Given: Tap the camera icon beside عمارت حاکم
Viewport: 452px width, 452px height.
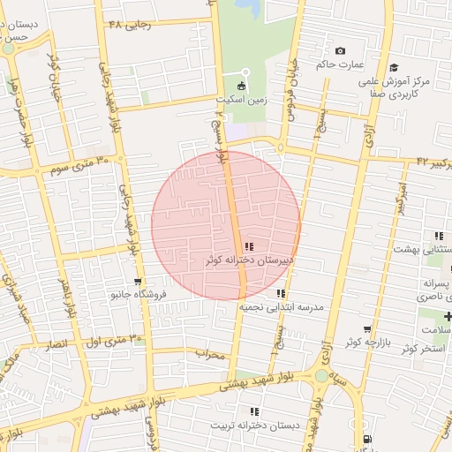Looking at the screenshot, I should click(341, 50).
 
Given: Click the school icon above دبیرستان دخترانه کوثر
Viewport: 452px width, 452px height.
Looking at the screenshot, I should click(249, 246).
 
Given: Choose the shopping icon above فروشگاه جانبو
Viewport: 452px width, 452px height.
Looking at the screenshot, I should click(137, 282).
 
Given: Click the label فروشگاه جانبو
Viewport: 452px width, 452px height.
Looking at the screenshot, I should click(137, 295).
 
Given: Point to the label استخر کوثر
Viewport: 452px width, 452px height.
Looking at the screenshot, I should click(423, 349).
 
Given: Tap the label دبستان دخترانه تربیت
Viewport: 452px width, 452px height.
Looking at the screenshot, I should click(255, 425).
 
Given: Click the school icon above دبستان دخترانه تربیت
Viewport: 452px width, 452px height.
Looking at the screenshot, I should click(255, 411).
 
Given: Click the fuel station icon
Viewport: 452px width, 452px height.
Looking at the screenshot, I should click(366, 440).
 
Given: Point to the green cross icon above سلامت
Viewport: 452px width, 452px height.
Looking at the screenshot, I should click(448, 316).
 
